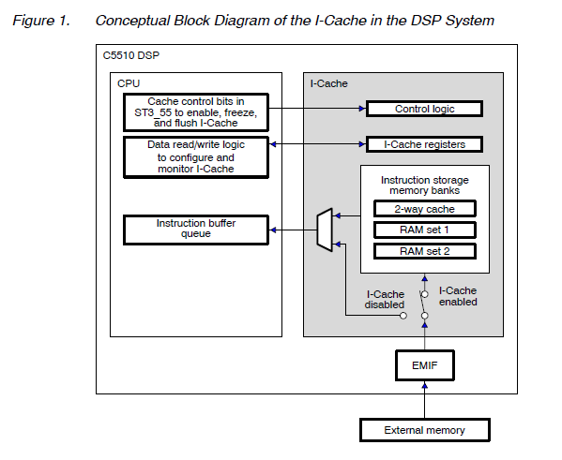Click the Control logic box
(x=424, y=109)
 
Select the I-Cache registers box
(x=424, y=144)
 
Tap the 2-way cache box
(x=425, y=209)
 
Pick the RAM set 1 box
(x=425, y=230)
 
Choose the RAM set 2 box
(x=425, y=251)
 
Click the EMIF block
(x=425, y=365)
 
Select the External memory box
(x=425, y=430)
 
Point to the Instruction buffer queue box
(x=196, y=230)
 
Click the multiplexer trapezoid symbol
(x=325, y=230)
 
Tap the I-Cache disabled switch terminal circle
(x=403, y=316)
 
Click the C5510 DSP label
(x=131, y=55)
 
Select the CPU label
(x=129, y=83)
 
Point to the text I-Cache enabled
(x=458, y=296)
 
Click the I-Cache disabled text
(x=385, y=299)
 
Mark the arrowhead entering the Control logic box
(x=362, y=109)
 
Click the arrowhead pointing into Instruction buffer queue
(x=273, y=230)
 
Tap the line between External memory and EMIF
(x=425, y=399)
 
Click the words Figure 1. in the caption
(x=41, y=21)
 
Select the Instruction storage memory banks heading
(x=425, y=185)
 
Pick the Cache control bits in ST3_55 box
(x=196, y=112)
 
